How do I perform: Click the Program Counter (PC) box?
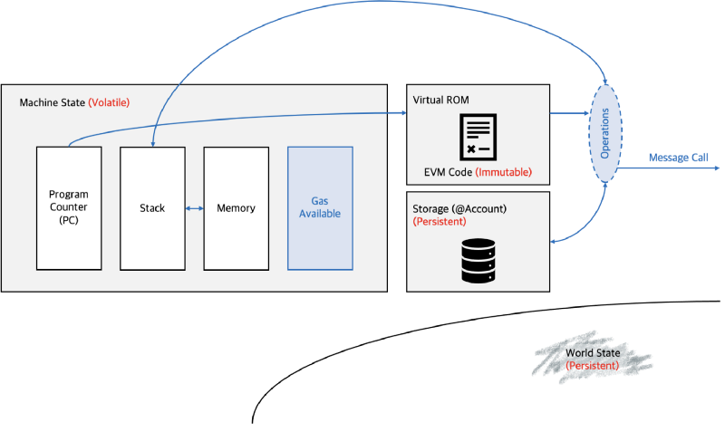point(68,208)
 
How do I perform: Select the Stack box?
point(152,208)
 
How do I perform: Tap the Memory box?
point(236,208)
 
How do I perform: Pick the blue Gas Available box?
point(320,208)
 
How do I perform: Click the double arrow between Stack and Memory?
point(194,208)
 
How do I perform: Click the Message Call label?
point(677,158)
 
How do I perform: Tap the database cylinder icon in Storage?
point(478,259)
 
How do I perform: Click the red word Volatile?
point(109,103)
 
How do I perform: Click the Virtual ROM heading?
point(441,98)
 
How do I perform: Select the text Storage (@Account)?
point(459,208)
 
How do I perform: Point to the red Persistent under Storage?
point(440,221)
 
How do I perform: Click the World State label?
point(593,353)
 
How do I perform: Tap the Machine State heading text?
point(53,103)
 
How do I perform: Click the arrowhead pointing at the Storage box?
point(555,241)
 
